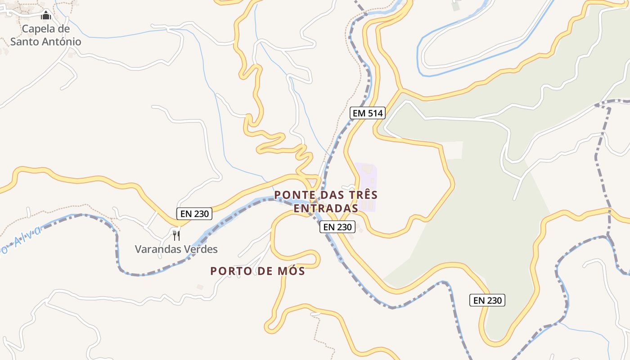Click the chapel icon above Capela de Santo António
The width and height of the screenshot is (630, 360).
click(46, 16)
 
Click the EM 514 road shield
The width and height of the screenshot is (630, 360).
click(368, 113)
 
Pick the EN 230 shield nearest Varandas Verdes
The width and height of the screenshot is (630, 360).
click(194, 214)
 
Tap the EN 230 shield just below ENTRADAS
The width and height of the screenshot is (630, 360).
click(337, 227)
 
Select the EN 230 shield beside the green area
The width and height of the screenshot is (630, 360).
click(487, 300)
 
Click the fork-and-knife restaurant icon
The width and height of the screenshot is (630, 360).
click(176, 235)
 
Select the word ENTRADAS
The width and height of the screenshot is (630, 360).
click(326, 208)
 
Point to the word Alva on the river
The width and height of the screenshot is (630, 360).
click(27, 237)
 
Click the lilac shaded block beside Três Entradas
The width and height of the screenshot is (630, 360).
click(366, 187)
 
